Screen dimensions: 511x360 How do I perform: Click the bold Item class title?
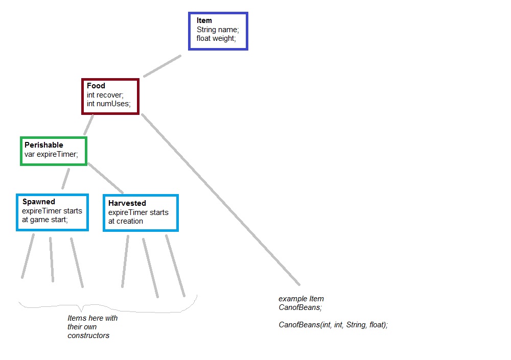coord(204,20)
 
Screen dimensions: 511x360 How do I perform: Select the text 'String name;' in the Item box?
coord(218,30)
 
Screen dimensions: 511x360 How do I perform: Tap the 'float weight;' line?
coord(216,38)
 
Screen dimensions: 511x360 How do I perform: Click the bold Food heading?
coord(96,86)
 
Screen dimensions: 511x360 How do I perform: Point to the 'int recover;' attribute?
coord(105,95)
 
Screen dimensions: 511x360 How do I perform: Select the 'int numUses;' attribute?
coord(108,104)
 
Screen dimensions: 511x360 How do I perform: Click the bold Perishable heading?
coord(43,145)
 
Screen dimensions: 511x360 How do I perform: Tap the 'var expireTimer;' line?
coord(51,154)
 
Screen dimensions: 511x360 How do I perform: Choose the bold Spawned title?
coord(38,202)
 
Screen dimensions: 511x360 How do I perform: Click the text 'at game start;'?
coord(44,220)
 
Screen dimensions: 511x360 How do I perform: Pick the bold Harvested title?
coord(127,203)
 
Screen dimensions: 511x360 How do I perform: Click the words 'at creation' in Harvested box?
coord(126,221)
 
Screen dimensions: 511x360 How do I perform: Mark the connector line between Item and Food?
coord(162,66)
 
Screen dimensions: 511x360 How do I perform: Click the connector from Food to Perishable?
coord(88,125)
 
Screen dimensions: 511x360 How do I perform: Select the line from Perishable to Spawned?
coord(65,179)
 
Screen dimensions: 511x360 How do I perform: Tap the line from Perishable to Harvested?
coord(106,178)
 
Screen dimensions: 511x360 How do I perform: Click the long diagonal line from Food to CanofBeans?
coord(221,200)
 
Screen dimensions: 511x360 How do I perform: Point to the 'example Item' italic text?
coord(301,299)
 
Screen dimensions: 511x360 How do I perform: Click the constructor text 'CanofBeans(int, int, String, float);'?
coord(333,325)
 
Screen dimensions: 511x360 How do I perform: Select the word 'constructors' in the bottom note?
coord(88,335)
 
